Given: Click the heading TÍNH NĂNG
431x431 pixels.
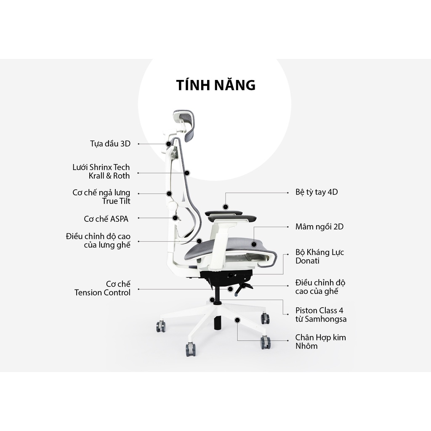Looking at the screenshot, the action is (x=215, y=85).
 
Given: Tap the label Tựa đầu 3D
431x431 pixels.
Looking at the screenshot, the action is (x=110, y=144).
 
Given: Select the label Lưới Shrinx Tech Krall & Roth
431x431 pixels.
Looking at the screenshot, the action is (x=101, y=171).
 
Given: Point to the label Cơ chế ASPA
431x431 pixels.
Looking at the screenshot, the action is (x=106, y=219).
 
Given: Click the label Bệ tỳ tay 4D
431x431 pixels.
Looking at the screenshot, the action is (x=317, y=192).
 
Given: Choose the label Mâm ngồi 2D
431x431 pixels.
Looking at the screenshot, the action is (x=319, y=227).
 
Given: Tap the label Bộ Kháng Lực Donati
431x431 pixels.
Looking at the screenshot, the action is (x=319, y=256).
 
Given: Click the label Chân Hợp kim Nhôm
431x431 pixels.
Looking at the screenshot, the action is (x=320, y=342).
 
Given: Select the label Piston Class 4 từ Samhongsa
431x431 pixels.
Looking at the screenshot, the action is (x=321, y=315).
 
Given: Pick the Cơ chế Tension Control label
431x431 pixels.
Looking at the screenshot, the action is (x=102, y=288).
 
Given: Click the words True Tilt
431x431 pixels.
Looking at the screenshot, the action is (x=116, y=201).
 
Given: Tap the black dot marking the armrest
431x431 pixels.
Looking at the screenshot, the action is (x=226, y=207).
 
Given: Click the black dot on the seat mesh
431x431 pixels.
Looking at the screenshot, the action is (x=254, y=244).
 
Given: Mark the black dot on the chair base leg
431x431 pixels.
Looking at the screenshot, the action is (x=238, y=320).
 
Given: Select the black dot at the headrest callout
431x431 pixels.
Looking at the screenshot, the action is (x=168, y=144).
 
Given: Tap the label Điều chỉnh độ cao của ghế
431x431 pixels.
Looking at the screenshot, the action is (x=320, y=287).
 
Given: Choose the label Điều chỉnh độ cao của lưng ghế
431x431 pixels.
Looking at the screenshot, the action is (x=98, y=240).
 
